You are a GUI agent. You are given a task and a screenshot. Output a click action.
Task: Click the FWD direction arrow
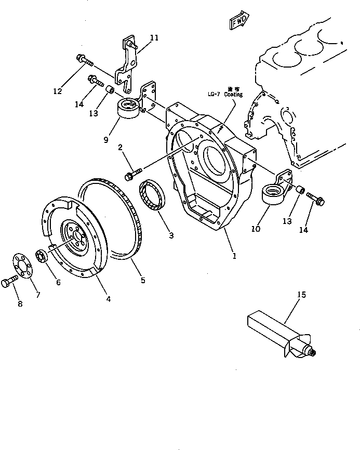coord(238,22)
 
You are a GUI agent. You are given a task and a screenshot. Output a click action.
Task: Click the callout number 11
coord(154,37)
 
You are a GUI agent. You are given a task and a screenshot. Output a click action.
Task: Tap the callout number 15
coord(301,295)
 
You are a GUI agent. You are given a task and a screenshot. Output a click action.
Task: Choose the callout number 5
coord(143,281)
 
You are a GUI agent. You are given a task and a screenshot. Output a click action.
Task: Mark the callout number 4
coord(108,298)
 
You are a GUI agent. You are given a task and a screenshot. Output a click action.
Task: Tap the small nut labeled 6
coord(42,256)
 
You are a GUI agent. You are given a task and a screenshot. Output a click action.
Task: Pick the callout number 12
coord(57,91)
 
